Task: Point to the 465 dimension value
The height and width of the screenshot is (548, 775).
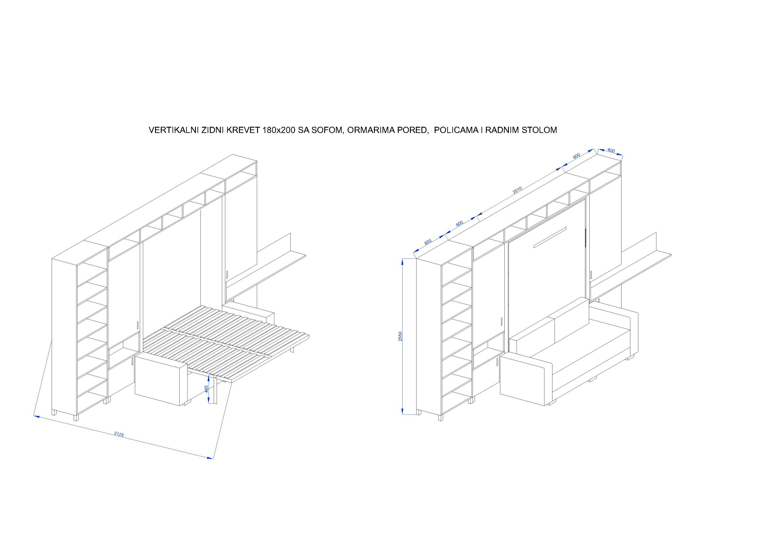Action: pos(206,389)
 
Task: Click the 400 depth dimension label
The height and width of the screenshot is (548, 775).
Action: pos(611,150)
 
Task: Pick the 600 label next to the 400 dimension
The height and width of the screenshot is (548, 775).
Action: pos(576,156)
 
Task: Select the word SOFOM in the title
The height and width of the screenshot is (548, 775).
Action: pos(328,130)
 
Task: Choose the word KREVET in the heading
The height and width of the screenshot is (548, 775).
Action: pos(243,130)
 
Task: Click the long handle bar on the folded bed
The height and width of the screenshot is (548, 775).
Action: pos(549,238)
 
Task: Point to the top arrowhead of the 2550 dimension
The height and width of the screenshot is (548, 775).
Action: pos(402,261)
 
